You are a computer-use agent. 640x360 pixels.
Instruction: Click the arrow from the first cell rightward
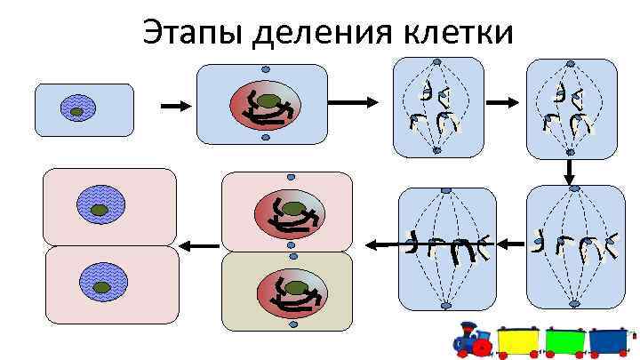[x=175, y=107]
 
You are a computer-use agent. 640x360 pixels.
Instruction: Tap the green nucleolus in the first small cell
[x=77, y=111]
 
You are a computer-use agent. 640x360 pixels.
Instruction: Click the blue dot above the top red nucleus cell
[x=265, y=70]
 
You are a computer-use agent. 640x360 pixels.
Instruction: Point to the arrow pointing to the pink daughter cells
[x=199, y=244]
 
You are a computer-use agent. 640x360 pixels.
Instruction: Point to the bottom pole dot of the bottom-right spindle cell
[x=574, y=304]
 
